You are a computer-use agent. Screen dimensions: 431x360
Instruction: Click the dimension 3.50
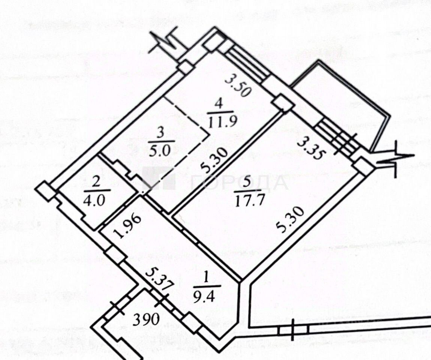pos(238,86)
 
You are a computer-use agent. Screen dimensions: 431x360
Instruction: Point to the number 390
pos(147,320)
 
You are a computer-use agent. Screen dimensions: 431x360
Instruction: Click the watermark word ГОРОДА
pos(239,183)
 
